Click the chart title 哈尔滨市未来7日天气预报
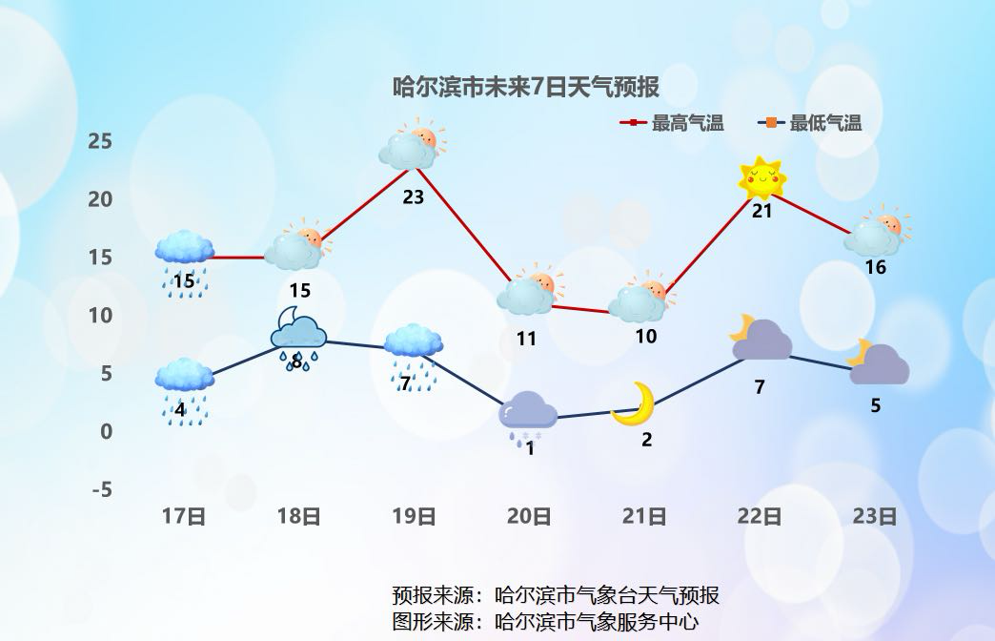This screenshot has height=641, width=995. point(526,88)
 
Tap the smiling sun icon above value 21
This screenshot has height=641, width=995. point(761,177)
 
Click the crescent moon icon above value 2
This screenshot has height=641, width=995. point(635,403)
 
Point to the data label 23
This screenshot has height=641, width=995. point(413,197)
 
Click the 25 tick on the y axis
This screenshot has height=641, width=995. point(100,141)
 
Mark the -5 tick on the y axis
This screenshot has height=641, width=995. point(101,489)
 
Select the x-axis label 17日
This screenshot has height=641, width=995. point(184,517)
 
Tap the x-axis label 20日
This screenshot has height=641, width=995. point(529,517)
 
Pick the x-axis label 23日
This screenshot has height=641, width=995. point(875,517)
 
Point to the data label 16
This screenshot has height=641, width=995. point(875,267)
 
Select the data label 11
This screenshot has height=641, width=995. point(526,338)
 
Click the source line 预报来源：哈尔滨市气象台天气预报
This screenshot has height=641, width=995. point(556,595)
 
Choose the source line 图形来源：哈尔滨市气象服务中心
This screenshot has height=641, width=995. point(545,623)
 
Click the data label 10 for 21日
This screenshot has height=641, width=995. point(646,336)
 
